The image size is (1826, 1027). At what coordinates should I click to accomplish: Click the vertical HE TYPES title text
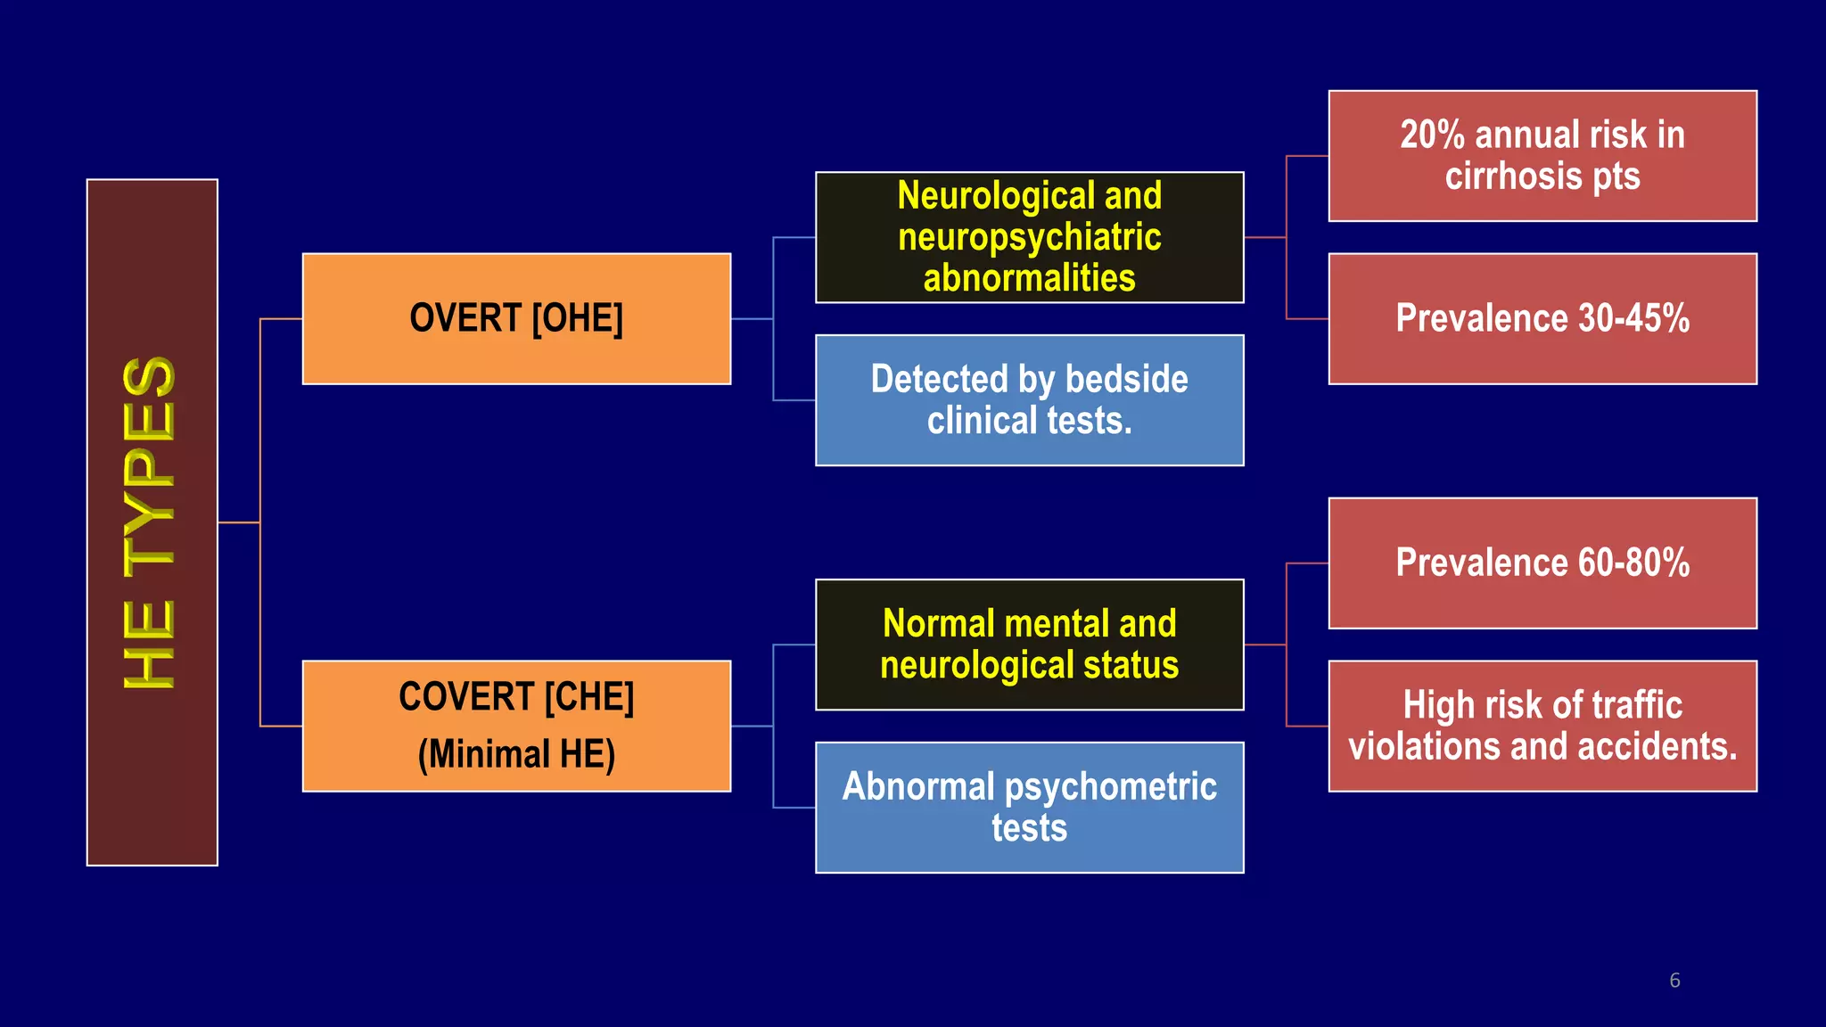click(x=149, y=522)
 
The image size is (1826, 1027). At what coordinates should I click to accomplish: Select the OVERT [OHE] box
click(x=516, y=318)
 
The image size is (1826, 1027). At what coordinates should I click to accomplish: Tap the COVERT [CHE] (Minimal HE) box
click(x=516, y=726)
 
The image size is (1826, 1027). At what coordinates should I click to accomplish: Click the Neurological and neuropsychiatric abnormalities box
click(x=1029, y=237)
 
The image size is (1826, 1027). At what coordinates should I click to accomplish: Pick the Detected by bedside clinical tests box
click(x=1029, y=400)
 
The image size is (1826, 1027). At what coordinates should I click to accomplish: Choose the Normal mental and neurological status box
click(x=1029, y=645)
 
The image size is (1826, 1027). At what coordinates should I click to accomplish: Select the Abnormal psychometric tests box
click(x=1029, y=808)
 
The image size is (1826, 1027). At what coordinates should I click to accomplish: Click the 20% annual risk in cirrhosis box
click(x=1542, y=155)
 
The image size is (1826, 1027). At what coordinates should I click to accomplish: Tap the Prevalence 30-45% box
click(x=1542, y=318)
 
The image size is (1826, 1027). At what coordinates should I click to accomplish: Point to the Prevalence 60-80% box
click(x=1542, y=563)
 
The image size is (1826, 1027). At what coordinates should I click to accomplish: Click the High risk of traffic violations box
click(x=1542, y=726)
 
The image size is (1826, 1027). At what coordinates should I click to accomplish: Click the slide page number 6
click(x=1674, y=981)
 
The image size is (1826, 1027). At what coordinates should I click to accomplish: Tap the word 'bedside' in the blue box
click(x=1126, y=380)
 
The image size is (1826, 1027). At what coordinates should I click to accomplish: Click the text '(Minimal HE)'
click(x=516, y=754)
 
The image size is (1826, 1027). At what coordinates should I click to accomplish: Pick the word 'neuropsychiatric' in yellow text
click(x=1029, y=238)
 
